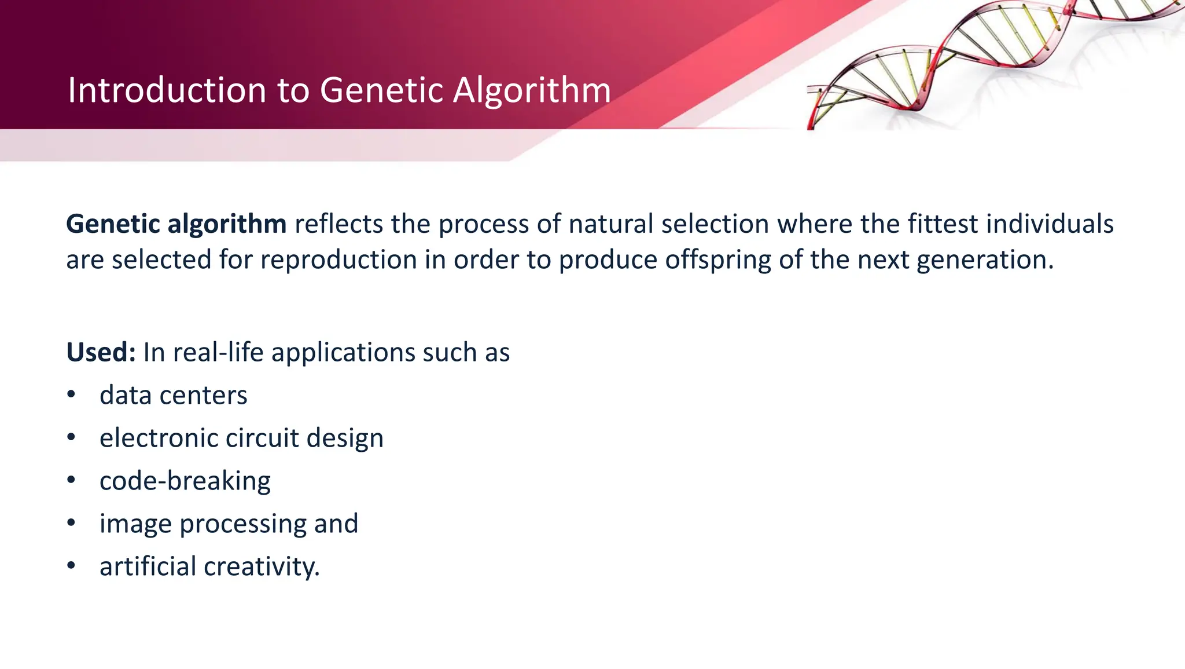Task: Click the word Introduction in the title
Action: point(167,90)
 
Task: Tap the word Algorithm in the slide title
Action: point(532,90)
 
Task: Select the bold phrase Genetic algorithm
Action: point(176,224)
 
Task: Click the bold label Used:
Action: point(101,352)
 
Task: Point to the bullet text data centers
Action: point(173,396)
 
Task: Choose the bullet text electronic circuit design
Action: point(241,438)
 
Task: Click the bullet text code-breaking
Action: point(185,481)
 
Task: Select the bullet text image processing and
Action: point(229,524)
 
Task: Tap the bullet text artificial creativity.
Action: point(209,566)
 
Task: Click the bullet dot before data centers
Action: point(71,395)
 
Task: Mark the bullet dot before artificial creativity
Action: point(71,566)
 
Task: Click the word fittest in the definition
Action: point(943,224)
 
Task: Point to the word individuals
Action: point(1050,224)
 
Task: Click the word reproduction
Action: point(338,260)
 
